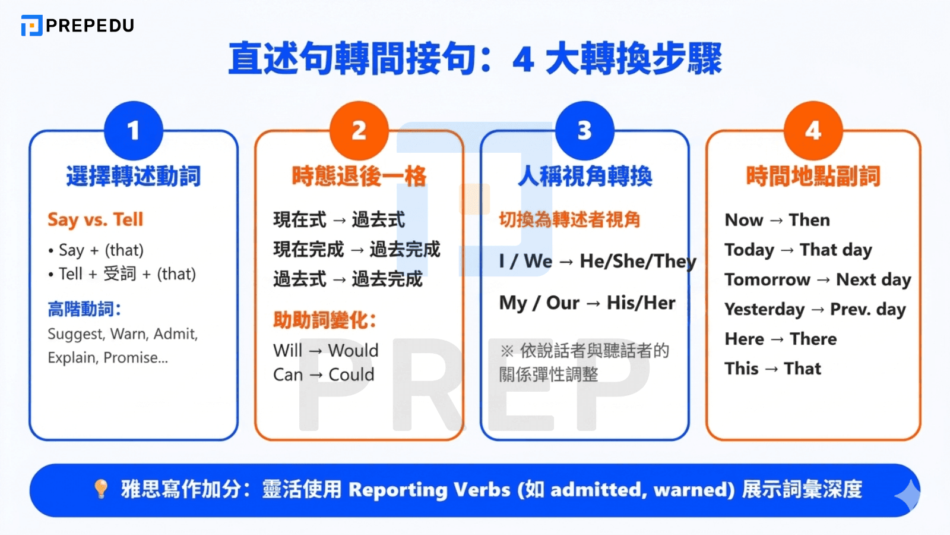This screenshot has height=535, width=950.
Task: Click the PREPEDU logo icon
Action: (x=31, y=26)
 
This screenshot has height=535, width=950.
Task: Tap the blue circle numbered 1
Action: (x=133, y=131)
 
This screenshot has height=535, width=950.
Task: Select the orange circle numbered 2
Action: (x=359, y=131)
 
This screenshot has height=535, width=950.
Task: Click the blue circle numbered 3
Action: (x=584, y=131)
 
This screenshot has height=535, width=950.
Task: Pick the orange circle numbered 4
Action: (x=813, y=131)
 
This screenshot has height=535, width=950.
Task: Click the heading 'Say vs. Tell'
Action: (x=95, y=219)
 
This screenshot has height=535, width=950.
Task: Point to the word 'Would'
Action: (x=353, y=351)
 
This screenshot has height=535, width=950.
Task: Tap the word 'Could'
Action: (x=351, y=374)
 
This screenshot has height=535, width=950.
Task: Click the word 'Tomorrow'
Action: (x=767, y=279)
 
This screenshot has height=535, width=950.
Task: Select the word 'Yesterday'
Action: (x=764, y=309)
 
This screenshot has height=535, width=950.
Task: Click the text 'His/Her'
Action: (x=641, y=303)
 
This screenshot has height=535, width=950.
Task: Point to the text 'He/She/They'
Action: (x=638, y=262)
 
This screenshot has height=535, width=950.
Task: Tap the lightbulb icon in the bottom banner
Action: (x=101, y=489)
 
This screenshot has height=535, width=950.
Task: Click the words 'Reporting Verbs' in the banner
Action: (x=429, y=490)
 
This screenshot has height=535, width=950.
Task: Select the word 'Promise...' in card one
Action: (x=135, y=358)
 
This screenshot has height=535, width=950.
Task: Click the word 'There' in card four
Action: (x=813, y=339)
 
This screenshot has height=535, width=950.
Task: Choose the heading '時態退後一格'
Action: (x=359, y=177)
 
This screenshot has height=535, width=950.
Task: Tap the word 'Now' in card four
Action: (x=743, y=220)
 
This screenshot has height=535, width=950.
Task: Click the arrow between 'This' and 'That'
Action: (x=771, y=369)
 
